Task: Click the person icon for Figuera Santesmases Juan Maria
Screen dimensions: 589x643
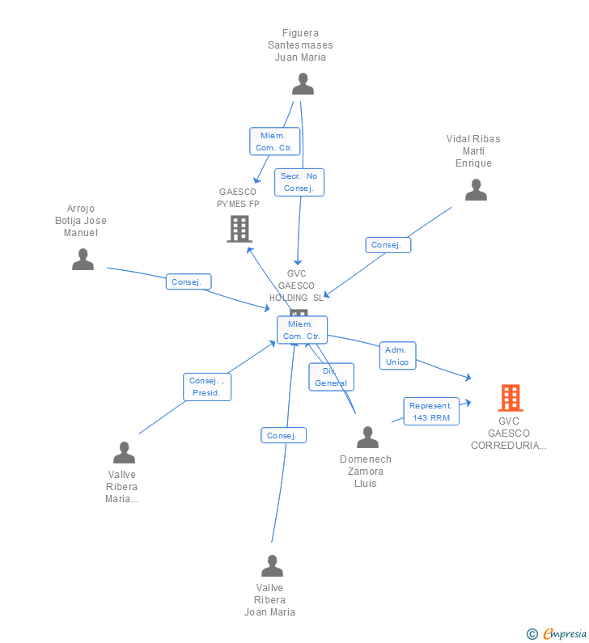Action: (x=303, y=83)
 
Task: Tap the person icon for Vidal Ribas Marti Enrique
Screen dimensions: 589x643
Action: (x=476, y=189)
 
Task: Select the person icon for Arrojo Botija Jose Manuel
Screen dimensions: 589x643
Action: (x=83, y=259)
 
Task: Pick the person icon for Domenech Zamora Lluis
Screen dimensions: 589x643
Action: (x=367, y=437)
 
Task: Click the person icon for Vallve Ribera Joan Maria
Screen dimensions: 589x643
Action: (x=272, y=565)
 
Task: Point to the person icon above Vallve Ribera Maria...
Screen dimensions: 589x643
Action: (x=124, y=452)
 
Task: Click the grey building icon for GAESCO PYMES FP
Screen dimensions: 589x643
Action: (x=239, y=229)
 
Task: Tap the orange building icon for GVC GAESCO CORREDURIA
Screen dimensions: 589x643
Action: (x=510, y=398)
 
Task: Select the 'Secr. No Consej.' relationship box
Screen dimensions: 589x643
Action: (x=299, y=182)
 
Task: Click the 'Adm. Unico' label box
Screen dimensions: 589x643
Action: (x=397, y=356)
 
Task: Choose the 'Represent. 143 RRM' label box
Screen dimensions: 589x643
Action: (x=431, y=411)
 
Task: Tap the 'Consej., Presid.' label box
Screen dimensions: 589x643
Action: (x=207, y=387)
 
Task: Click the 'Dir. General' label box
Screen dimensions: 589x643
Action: (x=331, y=377)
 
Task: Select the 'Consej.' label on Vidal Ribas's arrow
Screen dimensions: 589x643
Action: (x=388, y=244)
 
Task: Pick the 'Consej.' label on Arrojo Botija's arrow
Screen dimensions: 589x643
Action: (x=189, y=281)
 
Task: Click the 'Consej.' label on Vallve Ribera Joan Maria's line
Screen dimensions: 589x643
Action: (x=283, y=435)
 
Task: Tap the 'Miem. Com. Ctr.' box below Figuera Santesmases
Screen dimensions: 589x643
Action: (x=274, y=142)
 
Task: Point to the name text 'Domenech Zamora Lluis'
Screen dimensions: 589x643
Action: (x=366, y=472)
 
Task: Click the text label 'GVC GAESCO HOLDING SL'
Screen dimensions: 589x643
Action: (x=296, y=286)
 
